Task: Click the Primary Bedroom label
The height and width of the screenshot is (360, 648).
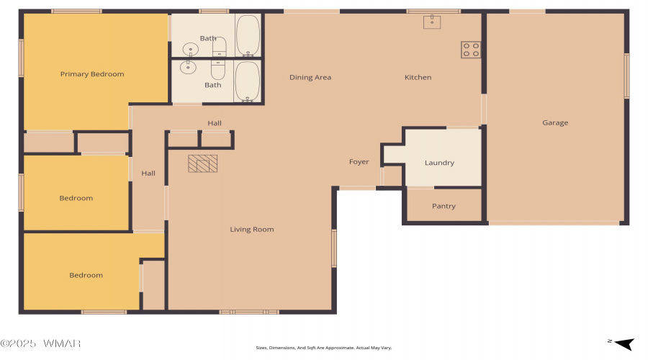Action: [92, 74]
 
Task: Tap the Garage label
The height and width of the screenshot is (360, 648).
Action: [555, 122]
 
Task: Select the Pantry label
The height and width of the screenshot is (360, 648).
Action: [444, 206]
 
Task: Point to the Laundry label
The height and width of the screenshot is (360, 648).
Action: [439, 163]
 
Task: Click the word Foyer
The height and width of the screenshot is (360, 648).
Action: [359, 161]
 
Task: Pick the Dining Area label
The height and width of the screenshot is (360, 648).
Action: [310, 77]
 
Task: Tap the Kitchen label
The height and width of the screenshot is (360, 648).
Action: [418, 77]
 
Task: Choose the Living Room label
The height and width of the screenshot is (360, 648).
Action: [252, 230]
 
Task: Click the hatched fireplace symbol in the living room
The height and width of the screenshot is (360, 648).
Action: [202, 163]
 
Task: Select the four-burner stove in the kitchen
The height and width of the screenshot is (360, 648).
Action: [471, 50]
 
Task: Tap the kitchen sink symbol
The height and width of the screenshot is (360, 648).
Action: [432, 22]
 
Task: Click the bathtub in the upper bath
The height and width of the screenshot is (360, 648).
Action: [248, 35]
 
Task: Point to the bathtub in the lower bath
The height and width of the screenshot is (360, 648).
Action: [248, 81]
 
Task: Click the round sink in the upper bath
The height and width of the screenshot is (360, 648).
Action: [191, 49]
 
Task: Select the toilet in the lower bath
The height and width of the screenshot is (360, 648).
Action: [218, 70]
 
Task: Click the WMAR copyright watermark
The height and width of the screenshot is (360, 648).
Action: [40, 343]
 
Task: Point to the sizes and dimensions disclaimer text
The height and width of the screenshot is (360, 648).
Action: [323, 348]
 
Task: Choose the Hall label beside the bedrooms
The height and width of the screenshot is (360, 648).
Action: [148, 174]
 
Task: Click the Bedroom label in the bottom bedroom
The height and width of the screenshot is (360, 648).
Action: [86, 275]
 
